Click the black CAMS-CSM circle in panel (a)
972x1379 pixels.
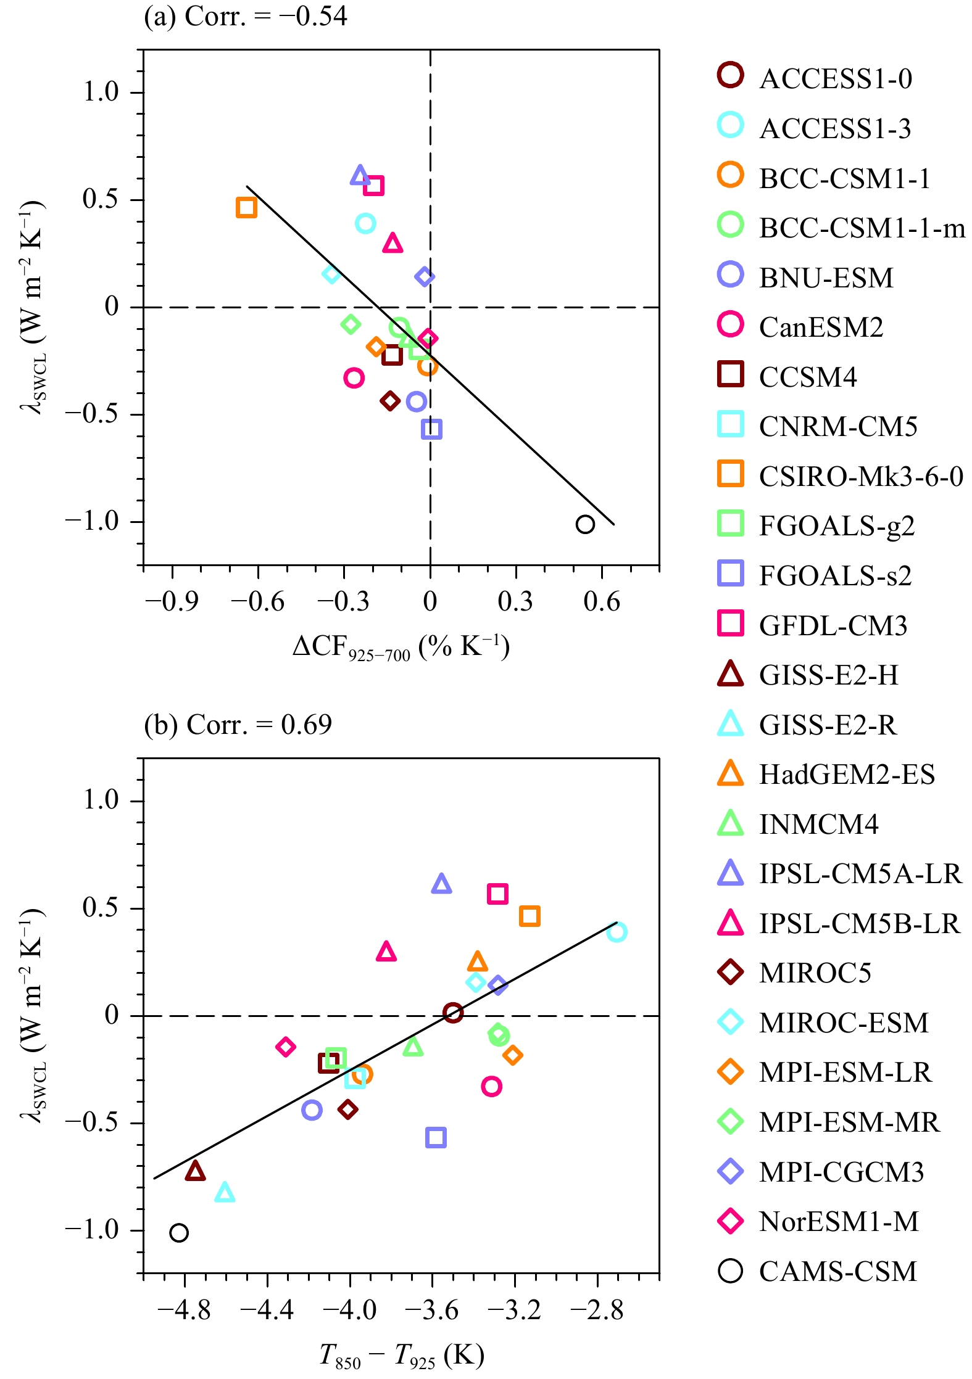pyautogui.click(x=585, y=524)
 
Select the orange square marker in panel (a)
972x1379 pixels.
pyautogui.click(x=246, y=207)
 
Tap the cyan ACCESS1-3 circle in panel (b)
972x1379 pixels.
pyautogui.click(x=617, y=931)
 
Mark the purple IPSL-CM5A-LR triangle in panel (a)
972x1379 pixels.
pyautogui.click(x=360, y=176)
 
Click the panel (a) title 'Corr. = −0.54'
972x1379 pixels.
pyautogui.click(x=246, y=16)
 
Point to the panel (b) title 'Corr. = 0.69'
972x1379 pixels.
pyautogui.click(x=238, y=725)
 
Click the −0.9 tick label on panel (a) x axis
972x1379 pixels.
pyautogui.click(x=172, y=601)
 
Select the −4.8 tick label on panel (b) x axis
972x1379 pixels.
pyautogui.click(x=184, y=1309)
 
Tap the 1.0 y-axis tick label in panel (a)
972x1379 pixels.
pyautogui.click(x=101, y=93)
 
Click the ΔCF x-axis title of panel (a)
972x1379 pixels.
pyautogui.click(x=401, y=648)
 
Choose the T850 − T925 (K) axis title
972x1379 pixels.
pyautogui.click(x=401, y=1356)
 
